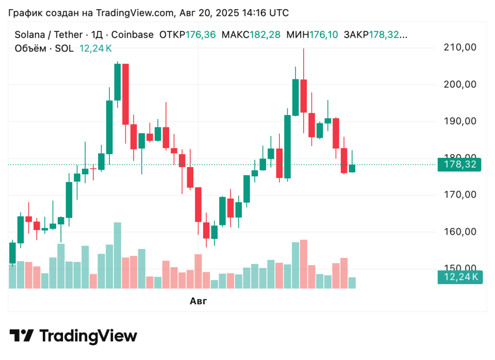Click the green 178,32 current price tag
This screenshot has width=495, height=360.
tap(459, 165)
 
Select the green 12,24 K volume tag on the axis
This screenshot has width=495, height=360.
tap(459, 277)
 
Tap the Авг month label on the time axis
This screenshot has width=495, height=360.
tap(198, 301)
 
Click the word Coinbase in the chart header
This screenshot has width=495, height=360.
tap(132, 35)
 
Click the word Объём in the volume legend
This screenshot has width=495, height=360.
tap(30, 48)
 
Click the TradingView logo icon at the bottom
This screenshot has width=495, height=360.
tap(22, 336)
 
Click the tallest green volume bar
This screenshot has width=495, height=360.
tap(118, 255)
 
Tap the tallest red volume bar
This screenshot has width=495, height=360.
tap(304, 264)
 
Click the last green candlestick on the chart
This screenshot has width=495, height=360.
tap(352, 168)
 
